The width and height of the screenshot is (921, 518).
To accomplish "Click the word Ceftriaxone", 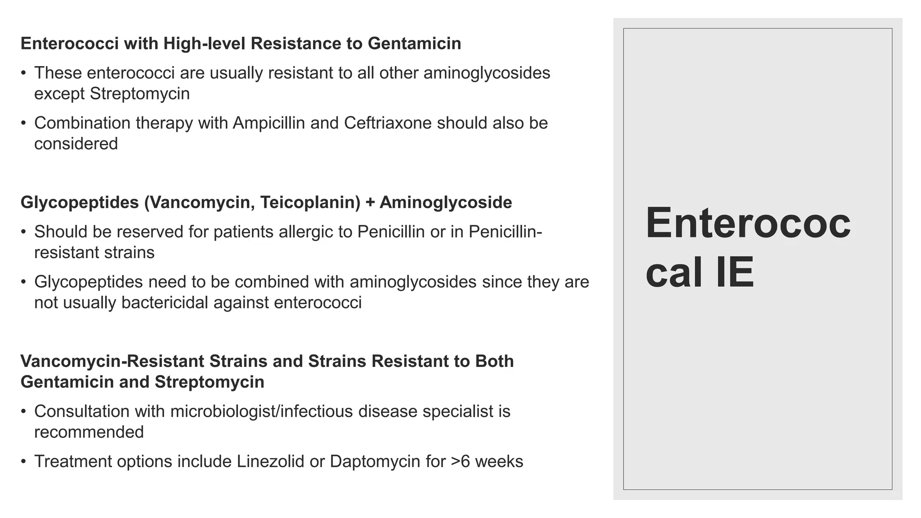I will pos(388,123).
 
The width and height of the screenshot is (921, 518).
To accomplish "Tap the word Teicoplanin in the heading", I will pos(310,203).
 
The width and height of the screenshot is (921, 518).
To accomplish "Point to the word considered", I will pos(76,144).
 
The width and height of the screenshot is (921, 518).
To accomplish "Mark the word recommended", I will pos(89,432).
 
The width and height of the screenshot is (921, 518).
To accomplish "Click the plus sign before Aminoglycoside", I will pos(370,203).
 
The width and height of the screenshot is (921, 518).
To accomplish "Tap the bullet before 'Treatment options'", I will pos(24,462).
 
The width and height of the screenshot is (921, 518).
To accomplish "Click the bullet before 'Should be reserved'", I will pos(24,232).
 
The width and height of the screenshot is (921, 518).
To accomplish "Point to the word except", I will pos(59,94).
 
